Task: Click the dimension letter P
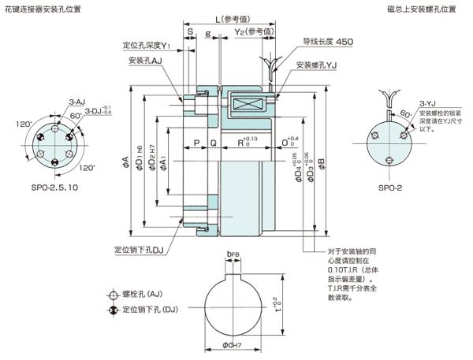195,143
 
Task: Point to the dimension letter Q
213,143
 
